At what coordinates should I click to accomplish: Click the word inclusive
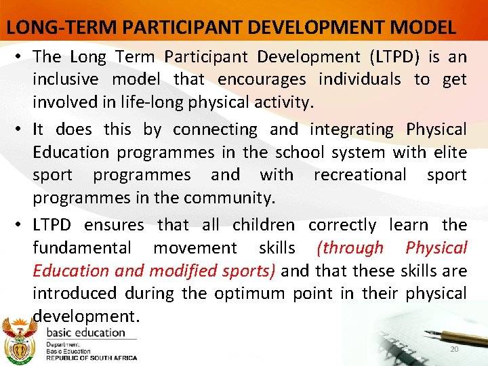66,80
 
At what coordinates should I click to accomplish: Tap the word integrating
351,129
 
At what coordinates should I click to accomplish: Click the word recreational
360,175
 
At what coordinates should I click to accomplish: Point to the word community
232,198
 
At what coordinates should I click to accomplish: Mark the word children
263,225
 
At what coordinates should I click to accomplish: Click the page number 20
455,349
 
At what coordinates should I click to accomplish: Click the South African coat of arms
20,340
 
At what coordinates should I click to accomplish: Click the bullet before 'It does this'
20,129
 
